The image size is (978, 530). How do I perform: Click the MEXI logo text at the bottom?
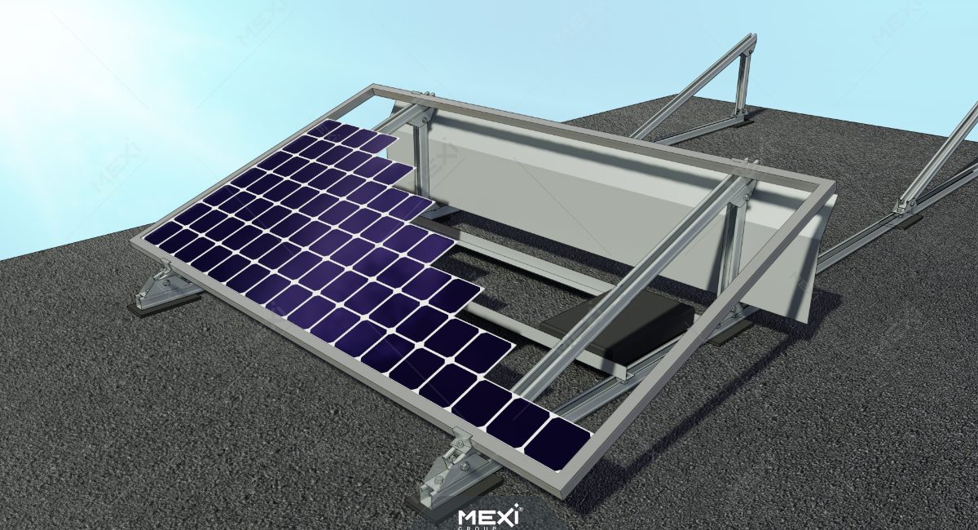click(x=489, y=516)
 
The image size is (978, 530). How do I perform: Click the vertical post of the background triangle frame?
click(x=742, y=77)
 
